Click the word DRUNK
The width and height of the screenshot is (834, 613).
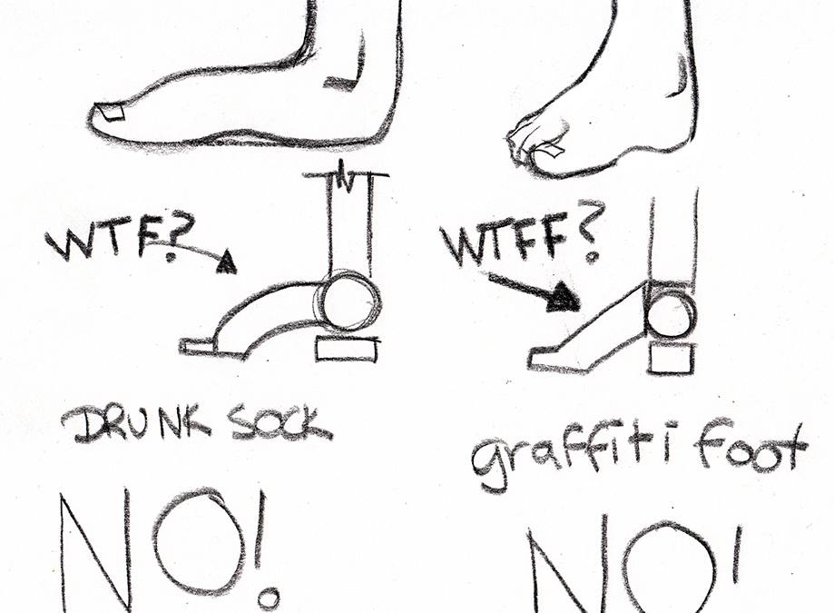tap(138, 425)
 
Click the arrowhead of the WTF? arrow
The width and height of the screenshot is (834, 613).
tap(227, 262)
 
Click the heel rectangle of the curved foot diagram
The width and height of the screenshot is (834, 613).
tap(348, 349)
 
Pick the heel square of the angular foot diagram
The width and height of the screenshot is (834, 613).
tap(672, 360)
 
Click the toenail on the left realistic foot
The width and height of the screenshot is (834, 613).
tap(112, 114)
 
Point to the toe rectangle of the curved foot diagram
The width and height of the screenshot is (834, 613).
tap(198, 346)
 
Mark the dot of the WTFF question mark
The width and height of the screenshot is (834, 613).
tap(593, 258)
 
